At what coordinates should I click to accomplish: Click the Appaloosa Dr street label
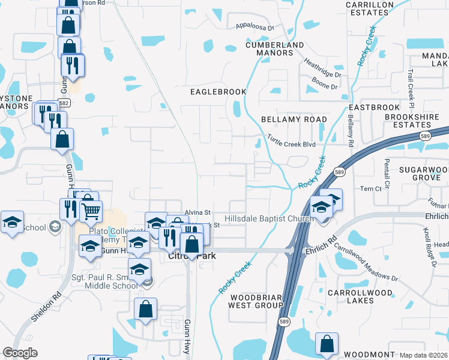[255, 27]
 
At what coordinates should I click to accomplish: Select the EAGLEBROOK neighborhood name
[218, 92]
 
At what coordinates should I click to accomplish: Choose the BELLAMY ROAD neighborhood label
[294, 119]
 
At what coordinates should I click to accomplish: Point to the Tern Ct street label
[370, 188]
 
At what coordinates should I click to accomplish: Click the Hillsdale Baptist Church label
[269, 219]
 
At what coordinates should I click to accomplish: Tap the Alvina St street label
[197, 212]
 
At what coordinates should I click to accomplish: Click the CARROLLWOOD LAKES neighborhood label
[360, 297]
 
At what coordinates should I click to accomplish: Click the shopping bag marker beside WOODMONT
[327, 344]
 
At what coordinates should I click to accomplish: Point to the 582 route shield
[64, 103]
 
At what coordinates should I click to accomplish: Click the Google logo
[20, 353]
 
